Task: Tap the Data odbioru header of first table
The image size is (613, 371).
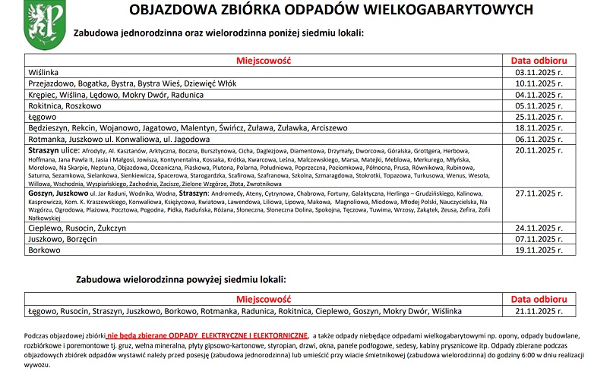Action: pos(538,60)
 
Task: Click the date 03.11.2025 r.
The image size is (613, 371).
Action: pos(538,72)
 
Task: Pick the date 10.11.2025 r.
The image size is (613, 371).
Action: pos(538,83)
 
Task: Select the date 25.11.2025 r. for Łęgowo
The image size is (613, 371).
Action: pos(538,118)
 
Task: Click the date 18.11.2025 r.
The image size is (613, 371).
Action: pos(538,128)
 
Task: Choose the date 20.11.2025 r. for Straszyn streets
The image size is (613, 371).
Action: pos(538,151)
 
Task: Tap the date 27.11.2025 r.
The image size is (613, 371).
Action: pos(538,193)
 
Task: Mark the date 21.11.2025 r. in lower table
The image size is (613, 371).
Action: pos(538,311)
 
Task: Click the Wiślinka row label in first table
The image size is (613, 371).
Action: pos(44,72)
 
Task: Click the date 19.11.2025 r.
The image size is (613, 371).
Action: pos(538,249)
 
